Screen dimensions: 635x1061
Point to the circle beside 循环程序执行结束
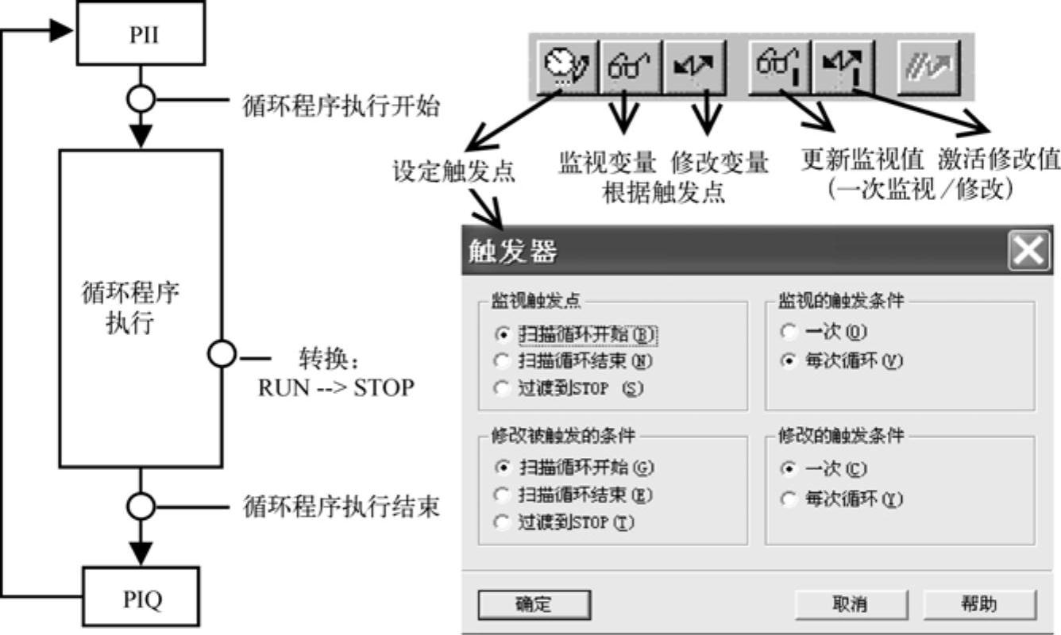pyautogui.click(x=141, y=506)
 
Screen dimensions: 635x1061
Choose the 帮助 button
pyautogui.click(x=979, y=604)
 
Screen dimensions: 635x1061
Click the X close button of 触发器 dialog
pyautogui.click(x=1027, y=252)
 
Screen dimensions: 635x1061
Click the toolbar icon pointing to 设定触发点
pyautogui.click(x=567, y=67)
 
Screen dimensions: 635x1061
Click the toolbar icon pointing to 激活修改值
pyautogui.click(x=842, y=67)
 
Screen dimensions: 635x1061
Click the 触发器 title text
pyautogui.click(x=508, y=252)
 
